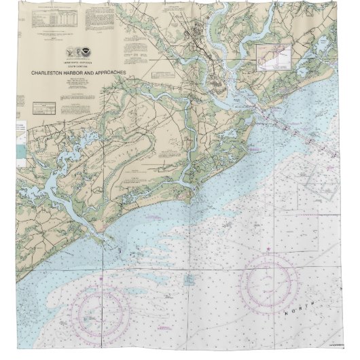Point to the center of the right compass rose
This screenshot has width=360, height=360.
pyautogui.click(x=267, y=280)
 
